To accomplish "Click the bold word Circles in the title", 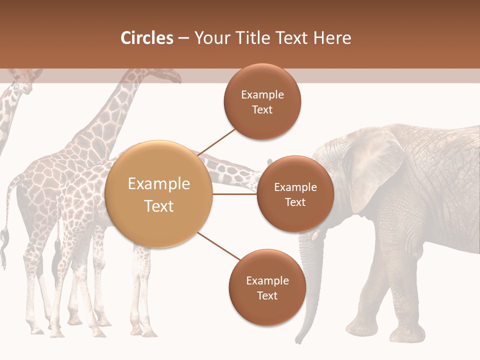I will click(146, 38).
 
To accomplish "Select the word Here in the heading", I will click(332, 38).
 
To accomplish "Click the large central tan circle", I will click(159, 194).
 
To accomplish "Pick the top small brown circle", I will click(262, 101).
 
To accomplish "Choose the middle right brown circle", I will click(295, 194).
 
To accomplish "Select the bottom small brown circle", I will click(267, 287).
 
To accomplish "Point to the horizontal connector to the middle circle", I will click(235, 194).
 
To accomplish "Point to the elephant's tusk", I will click(316, 235).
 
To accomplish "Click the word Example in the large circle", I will click(159, 183).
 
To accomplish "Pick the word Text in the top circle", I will click(262, 110).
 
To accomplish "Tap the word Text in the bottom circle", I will click(267, 295).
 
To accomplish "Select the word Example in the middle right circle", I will click(295, 187).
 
